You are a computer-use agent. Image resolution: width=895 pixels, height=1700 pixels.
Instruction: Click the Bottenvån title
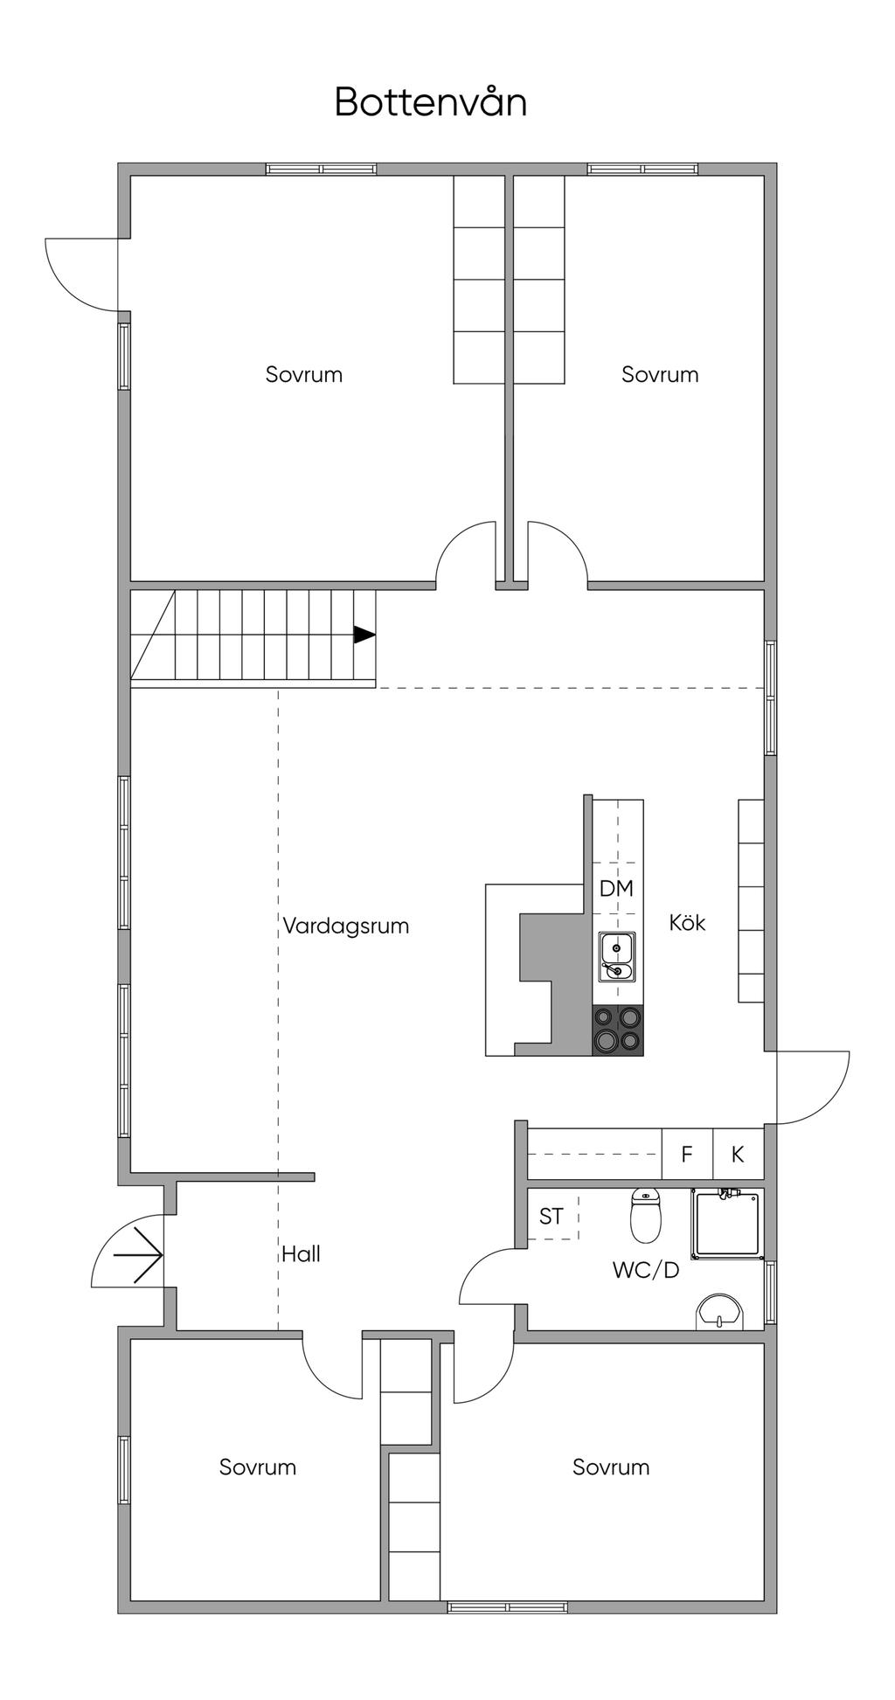(x=431, y=102)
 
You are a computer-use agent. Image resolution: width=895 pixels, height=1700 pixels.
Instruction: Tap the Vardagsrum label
(x=346, y=926)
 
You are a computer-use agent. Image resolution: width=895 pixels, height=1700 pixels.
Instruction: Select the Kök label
(x=687, y=922)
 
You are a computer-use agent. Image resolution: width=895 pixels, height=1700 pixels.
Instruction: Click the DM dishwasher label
(x=616, y=888)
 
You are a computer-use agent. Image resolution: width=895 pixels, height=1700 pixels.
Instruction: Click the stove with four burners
(x=617, y=1030)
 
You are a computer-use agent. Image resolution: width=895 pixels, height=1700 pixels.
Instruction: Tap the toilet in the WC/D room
(x=646, y=1216)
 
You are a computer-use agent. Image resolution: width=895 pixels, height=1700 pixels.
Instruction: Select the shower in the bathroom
(x=727, y=1224)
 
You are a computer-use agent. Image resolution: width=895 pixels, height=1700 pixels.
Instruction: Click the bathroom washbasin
(x=721, y=1312)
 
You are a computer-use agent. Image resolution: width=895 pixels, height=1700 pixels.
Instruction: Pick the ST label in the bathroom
(x=551, y=1216)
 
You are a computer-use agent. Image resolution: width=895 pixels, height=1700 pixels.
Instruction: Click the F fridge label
(x=687, y=1154)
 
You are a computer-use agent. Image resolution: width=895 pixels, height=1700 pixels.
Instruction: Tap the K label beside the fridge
(x=738, y=1154)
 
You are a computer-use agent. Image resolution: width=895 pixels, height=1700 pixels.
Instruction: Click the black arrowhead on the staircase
(x=364, y=635)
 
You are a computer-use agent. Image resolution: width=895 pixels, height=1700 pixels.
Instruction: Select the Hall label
(x=301, y=1254)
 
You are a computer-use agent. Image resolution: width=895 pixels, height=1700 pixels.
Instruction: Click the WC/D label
(x=646, y=1270)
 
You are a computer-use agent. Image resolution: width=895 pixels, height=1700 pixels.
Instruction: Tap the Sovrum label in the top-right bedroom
(x=660, y=374)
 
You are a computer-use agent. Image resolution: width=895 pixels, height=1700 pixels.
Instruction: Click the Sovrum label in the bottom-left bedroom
(x=258, y=1467)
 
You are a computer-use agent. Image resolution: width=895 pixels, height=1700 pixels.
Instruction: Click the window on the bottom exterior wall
(x=507, y=1606)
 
